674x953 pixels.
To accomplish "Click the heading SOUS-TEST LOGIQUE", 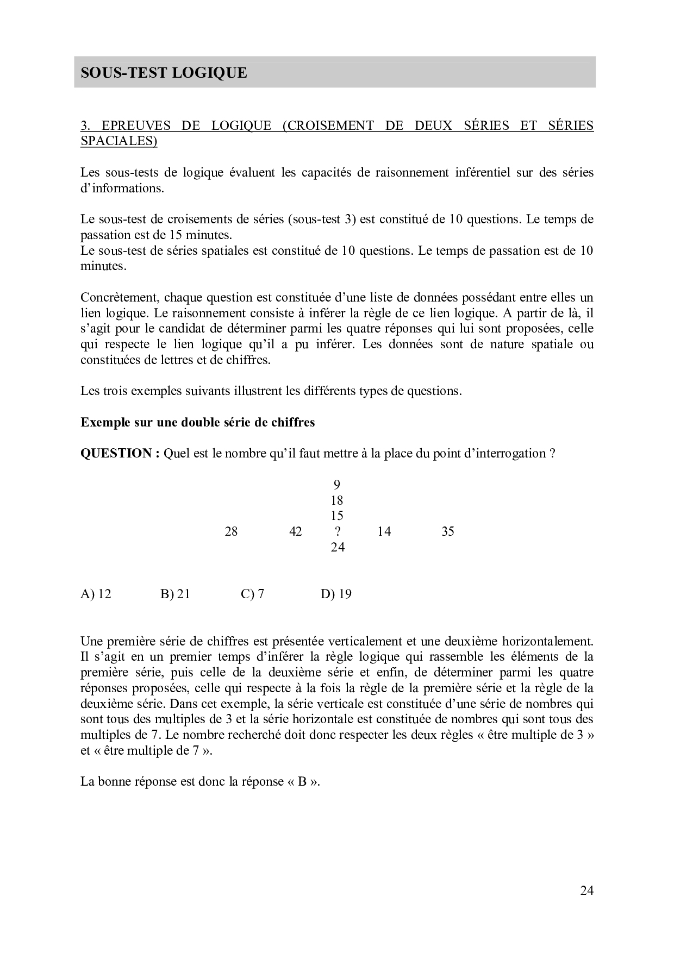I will pos(164,73).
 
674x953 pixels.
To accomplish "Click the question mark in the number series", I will pos(338,531).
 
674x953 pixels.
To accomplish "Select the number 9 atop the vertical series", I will pos(337,485).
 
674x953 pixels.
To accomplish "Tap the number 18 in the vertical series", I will pos(337,500).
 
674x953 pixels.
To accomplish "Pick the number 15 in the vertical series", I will pos(337,516).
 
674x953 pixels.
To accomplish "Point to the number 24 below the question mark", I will pos(338,547).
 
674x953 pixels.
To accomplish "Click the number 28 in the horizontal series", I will pos(231,531).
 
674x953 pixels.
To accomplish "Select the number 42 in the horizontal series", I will pos(295,531).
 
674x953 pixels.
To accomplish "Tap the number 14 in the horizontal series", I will pos(384,531).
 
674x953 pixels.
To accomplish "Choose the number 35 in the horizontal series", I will pos(447,531).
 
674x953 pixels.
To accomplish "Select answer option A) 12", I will pos(96,594).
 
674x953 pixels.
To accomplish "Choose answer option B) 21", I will pos(175,594).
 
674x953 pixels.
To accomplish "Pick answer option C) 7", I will pos(252,594).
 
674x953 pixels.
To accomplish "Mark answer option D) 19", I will pos(336,594).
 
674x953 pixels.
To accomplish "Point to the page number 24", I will pos(586,891).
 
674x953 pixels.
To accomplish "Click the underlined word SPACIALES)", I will pos(118,141).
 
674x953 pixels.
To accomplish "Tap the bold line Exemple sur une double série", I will pos(197,423).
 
